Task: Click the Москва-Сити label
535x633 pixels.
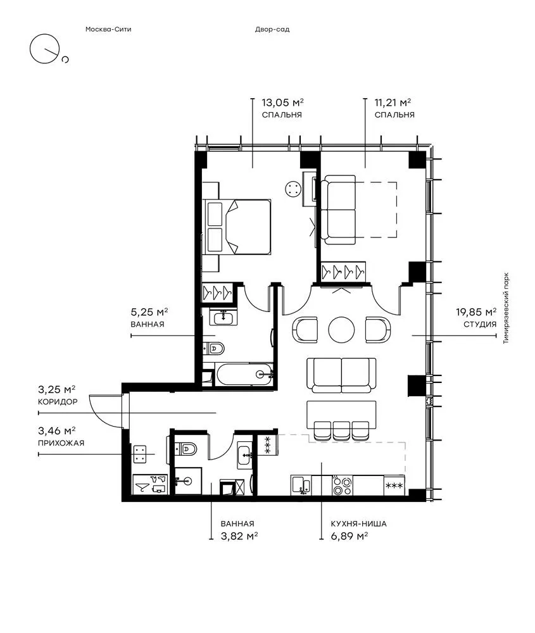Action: [108, 29]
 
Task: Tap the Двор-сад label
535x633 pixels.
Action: [272, 29]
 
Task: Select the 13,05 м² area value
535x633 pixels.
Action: [282, 102]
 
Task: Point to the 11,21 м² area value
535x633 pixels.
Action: [393, 102]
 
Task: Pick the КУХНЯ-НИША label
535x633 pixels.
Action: [358, 523]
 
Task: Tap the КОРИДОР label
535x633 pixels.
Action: [58, 402]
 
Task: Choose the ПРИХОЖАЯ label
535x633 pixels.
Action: [61, 443]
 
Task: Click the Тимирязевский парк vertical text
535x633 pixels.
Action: [507, 308]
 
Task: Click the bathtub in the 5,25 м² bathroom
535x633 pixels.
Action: [244, 374]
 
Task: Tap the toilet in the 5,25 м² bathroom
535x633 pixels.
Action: [213, 348]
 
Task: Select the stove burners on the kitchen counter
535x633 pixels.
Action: [343, 486]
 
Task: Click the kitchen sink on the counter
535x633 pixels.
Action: [301, 486]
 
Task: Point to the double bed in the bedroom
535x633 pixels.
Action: [237, 227]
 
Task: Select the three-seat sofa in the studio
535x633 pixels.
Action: [341, 375]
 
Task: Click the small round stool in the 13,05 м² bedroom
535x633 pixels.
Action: [293, 189]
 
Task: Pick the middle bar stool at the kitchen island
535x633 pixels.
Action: [342, 430]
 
